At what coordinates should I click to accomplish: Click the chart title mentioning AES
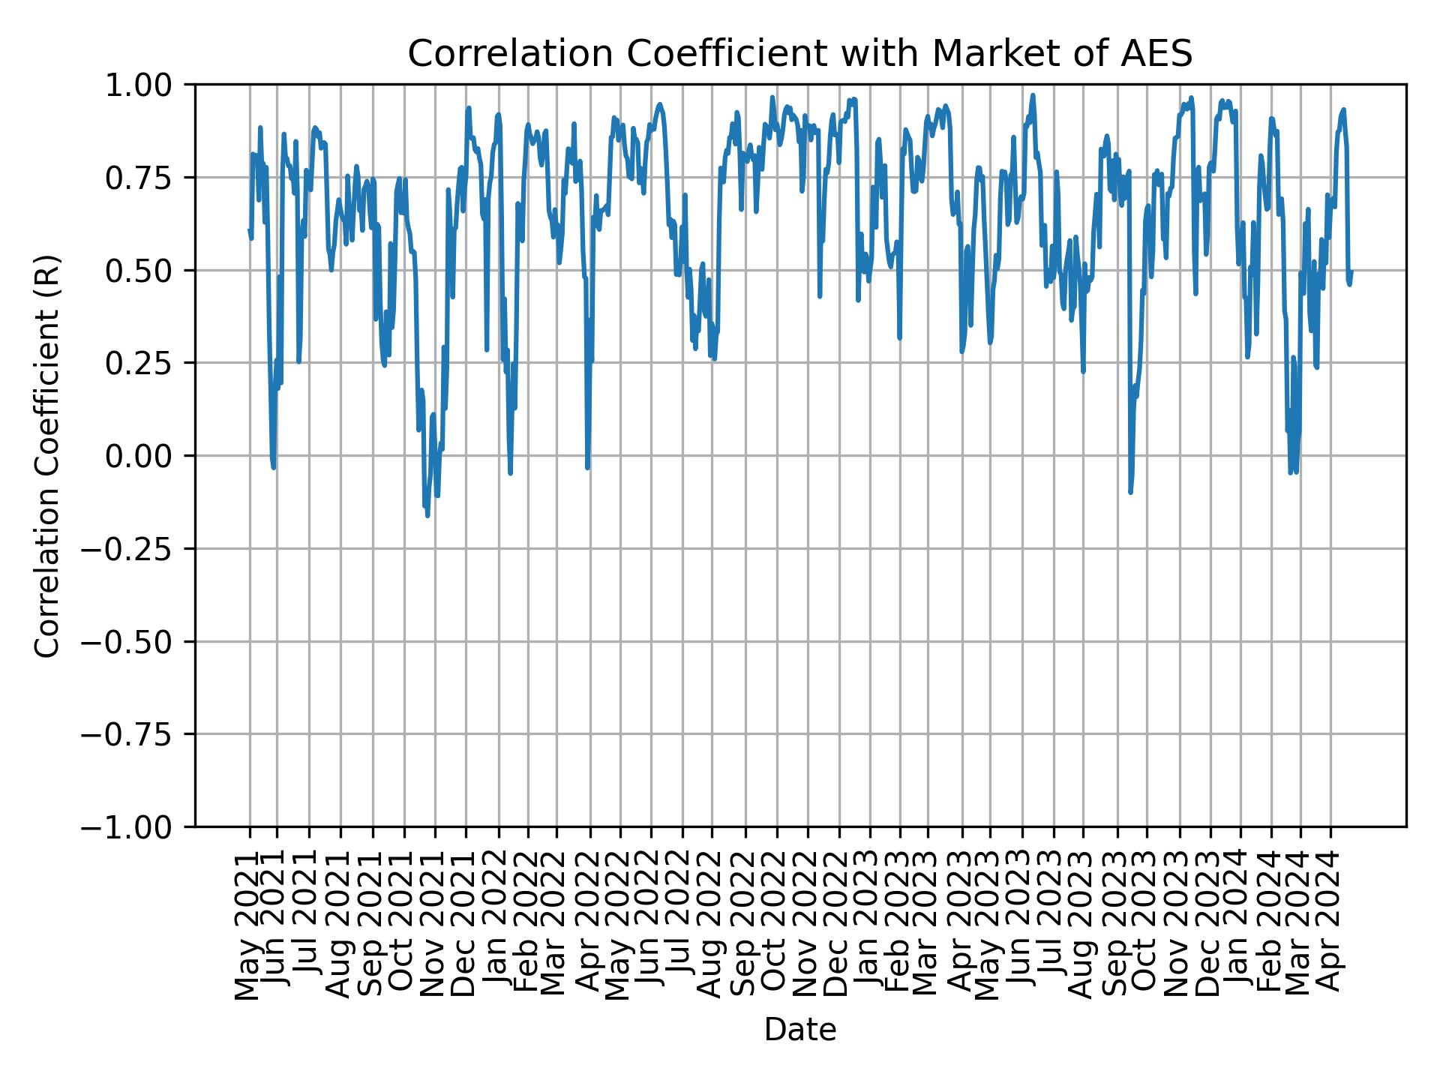(799, 54)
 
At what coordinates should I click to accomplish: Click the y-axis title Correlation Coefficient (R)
(47, 456)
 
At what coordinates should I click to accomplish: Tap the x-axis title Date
(799, 1030)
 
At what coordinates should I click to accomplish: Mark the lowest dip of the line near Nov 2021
(427, 516)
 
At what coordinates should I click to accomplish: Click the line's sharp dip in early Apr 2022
(587, 468)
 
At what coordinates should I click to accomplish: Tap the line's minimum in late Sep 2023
(1130, 493)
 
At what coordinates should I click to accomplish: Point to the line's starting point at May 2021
(249, 230)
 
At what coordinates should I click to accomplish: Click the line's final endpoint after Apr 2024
(1351, 271)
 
